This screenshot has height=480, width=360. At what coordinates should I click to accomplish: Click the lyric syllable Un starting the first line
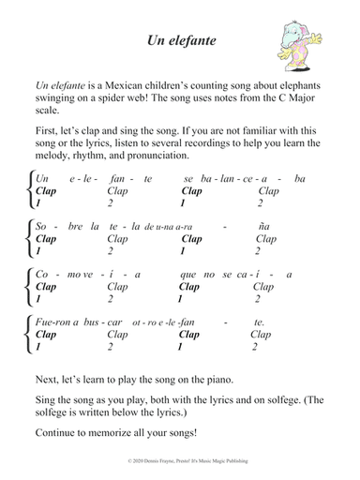(41, 179)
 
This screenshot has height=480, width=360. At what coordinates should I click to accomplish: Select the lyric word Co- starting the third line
(42, 276)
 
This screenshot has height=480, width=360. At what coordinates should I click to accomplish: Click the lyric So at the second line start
(40, 227)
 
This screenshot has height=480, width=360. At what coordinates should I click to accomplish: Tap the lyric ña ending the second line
(263, 227)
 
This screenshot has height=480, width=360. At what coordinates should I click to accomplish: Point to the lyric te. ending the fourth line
(260, 322)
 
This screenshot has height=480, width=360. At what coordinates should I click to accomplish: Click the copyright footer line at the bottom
(180, 464)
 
